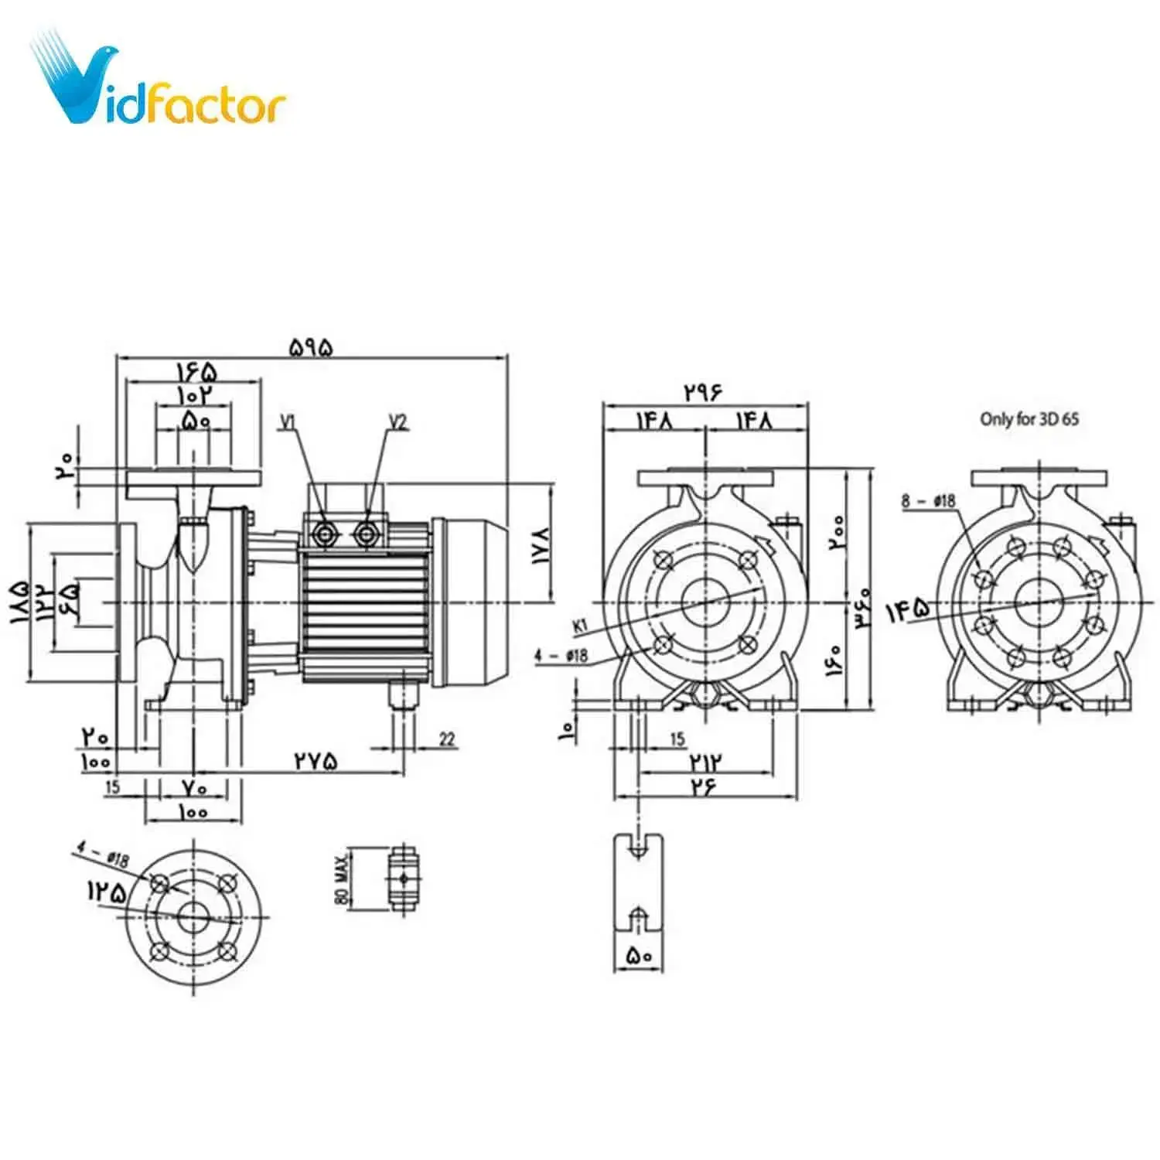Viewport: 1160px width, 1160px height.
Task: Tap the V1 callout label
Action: click(x=288, y=422)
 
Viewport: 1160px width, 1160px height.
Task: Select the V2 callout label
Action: click(x=397, y=422)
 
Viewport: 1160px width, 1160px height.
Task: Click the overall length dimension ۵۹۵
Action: click(x=312, y=347)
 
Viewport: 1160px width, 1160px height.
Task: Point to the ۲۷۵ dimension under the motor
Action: click(x=316, y=761)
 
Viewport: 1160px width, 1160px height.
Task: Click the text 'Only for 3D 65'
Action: click(x=1029, y=419)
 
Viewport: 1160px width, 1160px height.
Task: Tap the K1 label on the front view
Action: click(x=580, y=625)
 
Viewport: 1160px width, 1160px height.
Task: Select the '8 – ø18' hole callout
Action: click(x=928, y=501)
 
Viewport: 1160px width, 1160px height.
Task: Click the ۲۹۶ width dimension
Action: click(x=703, y=392)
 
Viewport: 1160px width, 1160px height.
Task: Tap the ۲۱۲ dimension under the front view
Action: click(x=705, y=763)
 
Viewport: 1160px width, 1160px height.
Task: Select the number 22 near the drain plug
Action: click(x=447, y=739)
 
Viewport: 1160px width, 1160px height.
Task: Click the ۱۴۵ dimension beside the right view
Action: click(x=908, y=611)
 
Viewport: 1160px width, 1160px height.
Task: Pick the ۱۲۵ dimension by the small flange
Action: click(x=106, y=892)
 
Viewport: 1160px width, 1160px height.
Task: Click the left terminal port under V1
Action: click(x=323, y=532)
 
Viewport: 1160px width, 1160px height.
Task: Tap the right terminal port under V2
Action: click(x=366, y=532)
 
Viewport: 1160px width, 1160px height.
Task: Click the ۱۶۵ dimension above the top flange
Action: click(x=194, y=372)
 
